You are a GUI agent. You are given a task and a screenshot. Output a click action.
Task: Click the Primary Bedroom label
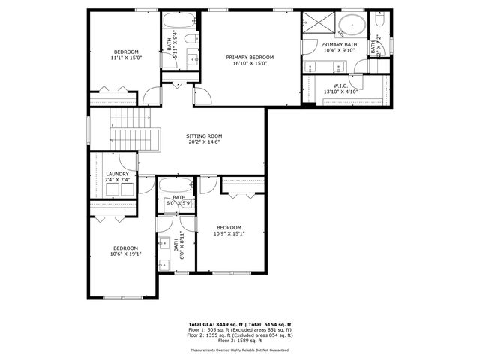click(250, 57)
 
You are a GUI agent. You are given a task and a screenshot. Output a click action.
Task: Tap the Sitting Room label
click(204, 136)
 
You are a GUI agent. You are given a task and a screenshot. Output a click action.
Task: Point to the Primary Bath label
click(340, 45)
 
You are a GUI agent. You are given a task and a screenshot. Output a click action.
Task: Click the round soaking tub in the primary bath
click(351, 28)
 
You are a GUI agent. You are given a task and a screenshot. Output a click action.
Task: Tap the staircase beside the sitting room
click(132, 129)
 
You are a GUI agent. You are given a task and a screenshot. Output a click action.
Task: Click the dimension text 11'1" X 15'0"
click(125, 58)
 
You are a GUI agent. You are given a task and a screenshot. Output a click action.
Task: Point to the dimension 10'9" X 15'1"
click(229, 232)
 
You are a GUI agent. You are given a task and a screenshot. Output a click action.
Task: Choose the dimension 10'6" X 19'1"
click(125, 253)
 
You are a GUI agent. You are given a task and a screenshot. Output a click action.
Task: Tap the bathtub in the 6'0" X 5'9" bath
click(174, 187)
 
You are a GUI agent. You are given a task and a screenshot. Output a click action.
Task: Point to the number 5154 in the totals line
click(268, 324)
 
